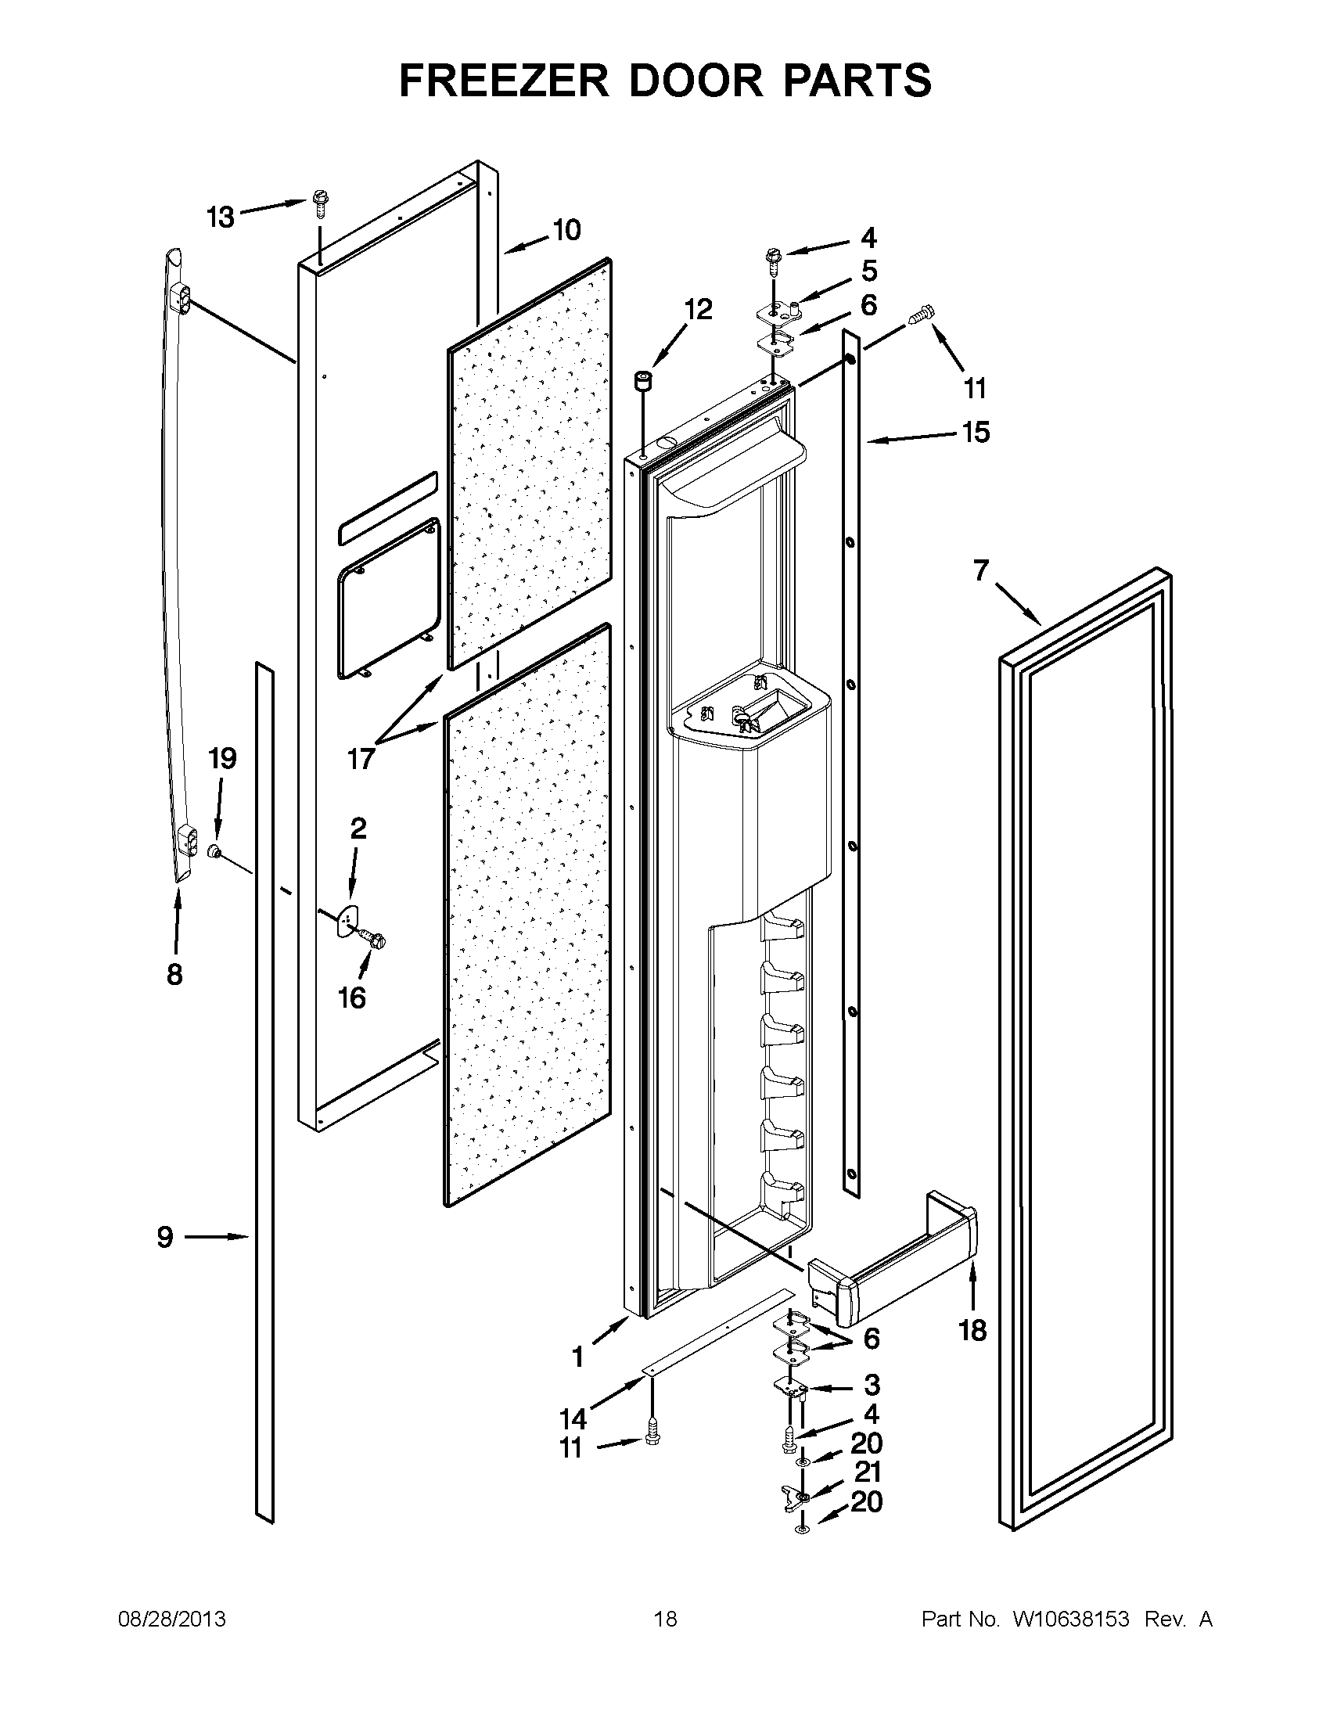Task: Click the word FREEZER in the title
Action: tap(505, 81)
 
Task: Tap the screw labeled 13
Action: tap(320, 203)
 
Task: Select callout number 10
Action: tap(566, 230)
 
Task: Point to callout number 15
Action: tap(976, 432)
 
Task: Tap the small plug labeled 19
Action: tap(213, 850)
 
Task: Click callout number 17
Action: tap(361, 759)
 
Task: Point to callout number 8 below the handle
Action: tap(174, 975)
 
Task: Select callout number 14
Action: tap(573, 1419)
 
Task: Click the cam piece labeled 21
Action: tap(796, 1495)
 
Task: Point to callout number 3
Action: tap(872, 1386)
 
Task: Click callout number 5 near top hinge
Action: tap(868, 271)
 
